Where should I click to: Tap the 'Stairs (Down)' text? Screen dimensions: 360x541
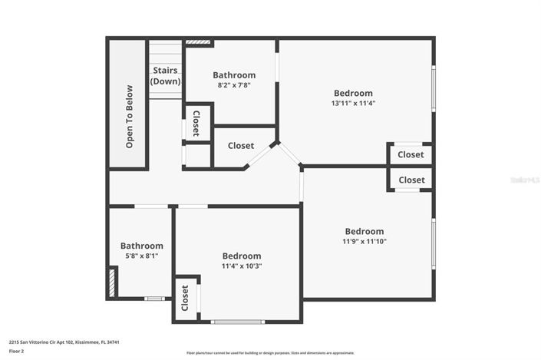point(165,76)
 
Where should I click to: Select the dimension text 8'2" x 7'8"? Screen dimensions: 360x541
point(234,85)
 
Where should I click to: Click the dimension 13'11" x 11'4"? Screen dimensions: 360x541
point(353,103)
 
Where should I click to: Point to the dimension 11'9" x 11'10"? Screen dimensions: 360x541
point(365,241)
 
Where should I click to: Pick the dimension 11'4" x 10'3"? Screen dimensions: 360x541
point(242,266)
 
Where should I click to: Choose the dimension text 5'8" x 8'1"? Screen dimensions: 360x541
point(141,256)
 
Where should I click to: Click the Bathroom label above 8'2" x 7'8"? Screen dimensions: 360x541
point(234,75)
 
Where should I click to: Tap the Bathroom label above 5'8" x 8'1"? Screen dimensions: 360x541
point(141,246)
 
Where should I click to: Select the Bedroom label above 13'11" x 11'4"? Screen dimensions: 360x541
point(353,93)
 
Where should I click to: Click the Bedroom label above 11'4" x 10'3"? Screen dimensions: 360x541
point(242,256)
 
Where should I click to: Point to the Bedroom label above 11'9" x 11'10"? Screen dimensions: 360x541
point(365,231)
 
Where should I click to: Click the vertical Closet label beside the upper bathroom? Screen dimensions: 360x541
point(196,123)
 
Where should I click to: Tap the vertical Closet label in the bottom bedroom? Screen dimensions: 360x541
point(185,298)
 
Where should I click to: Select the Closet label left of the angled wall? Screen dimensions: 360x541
point(241,145)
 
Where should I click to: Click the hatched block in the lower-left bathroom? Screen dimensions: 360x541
point(113,281)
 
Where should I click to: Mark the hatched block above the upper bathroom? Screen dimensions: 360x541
point(197,43)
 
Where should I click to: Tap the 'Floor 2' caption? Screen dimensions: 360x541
point(17,351)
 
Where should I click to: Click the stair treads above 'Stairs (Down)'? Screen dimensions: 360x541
point(164,54)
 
